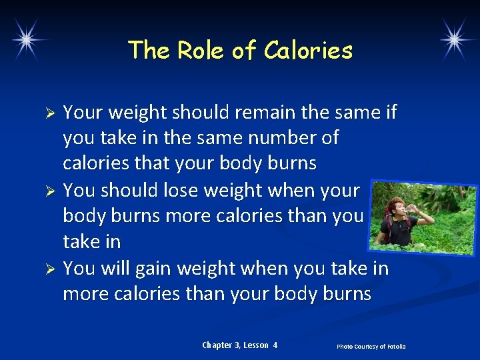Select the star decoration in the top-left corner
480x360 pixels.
coord(26,39)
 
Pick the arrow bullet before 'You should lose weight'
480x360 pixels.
coord(48,191)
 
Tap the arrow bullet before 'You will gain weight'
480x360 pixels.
coord(48,269)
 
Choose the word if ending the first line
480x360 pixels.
coord(390,112)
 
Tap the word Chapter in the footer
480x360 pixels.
coord(217,345)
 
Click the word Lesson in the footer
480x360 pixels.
coord(256,345)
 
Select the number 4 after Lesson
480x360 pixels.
coord(275,345)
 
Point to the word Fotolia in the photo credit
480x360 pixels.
coord(395,347)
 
